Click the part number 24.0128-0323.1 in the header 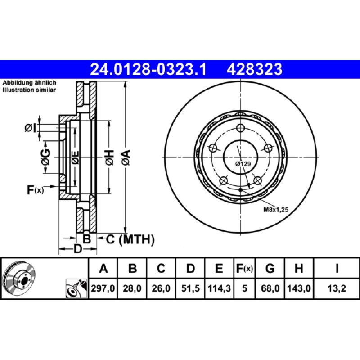click(x=148, y=69)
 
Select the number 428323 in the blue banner click(x=254, y=69)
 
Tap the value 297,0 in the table click(x=103, y=288)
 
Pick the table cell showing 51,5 click(x=190, y=288)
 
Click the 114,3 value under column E click(x=219, y=288)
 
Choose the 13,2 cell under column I click(x=337, y=288)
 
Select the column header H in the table click(x=299, y=268)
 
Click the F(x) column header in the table click(x=244, y=268)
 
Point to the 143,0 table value click(x=299, y=288)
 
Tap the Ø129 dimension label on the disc click(x=243, y=164)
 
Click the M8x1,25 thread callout click(x=276, y=210)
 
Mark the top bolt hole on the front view click(x=240, y=128)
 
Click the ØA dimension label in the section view click(x=126, y=157)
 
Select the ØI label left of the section click(x=30, y=128)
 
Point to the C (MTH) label click(x=130, y=239)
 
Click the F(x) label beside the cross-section click(x=36, y=190)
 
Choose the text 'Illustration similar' click(x=29, y=90)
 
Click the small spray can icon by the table click(x=76, y=288)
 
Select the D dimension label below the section click(x=78, y=249)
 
